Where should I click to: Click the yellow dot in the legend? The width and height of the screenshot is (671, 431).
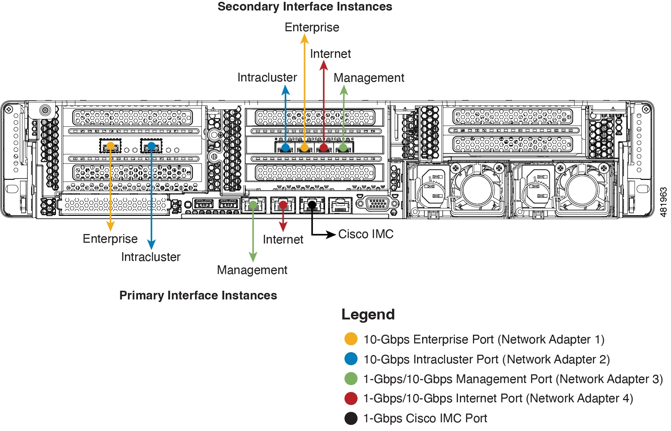pyautogui.click(x=351, y=339)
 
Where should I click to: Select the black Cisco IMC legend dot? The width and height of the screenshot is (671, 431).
pyautogui.click(x=351, y=418)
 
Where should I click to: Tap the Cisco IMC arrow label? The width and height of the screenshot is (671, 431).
pyautogui.click(x=365, y=234)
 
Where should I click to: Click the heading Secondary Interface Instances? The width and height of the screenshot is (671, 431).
pyautogui.click(x=304, y=7)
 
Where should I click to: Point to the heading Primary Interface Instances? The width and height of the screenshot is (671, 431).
pyautogui.click(x=198, y=295)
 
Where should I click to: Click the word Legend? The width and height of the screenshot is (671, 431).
pyautogui.click(x=368, y=314)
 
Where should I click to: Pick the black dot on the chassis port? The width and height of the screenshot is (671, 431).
pyautogui.click(x=312, y=205)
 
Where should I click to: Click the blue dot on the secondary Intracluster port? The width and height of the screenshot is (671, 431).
pyautogui.click(x=286, y=148)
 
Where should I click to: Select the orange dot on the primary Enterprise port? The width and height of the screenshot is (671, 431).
pyautogui.click(x=110, y=146)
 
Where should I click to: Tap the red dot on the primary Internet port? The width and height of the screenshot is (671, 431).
pyautogui.click(x=283, y=205)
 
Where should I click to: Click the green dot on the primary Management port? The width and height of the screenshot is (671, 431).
pyautogui.click(x=253, y=205)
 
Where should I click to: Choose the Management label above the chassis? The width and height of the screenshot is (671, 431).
pyautogui.click(x=368, y=78)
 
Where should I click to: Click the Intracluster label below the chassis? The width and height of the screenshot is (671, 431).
pyautogui.click(x=150, y=257)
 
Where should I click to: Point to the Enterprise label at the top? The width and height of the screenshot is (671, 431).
pyautogui.click(x=312, y=27)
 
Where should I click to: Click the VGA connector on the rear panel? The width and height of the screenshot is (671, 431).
pyautogui.click(x=377, y=204)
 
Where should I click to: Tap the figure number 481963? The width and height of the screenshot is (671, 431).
pyautogui.click(x=663, y=202)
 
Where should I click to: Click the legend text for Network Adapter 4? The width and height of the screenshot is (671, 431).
pyautogui.click(x=498, y=398)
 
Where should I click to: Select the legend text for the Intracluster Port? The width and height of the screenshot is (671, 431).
pyautogui.click(x=486, y=359)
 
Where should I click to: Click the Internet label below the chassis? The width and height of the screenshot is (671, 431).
pyautogui.click(x=283, y=239)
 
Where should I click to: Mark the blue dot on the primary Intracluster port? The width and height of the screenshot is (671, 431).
pyautogui.click(x=151, y=146)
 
